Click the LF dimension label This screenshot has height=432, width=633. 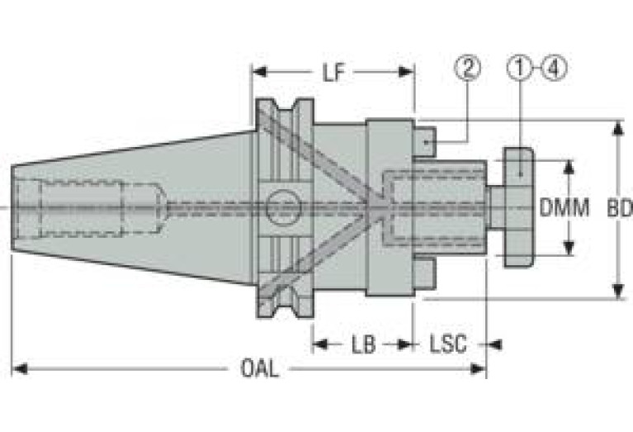(333, 73)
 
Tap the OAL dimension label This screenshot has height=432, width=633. (259, 368)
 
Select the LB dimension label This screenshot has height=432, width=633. (363, 344)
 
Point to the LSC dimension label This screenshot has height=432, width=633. (447, 344)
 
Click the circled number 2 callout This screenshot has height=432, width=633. (468, 68)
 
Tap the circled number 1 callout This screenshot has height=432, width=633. (521, 68)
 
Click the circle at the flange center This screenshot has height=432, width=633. (283, 207)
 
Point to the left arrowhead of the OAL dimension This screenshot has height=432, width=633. (19, 368)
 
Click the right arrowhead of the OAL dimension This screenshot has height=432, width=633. (479, 368)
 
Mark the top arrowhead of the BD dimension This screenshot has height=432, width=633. (617, 128)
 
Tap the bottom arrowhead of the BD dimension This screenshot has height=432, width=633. (617, 291)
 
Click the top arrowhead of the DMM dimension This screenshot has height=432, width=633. (569, 168)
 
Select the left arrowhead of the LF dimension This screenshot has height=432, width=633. (259, 72)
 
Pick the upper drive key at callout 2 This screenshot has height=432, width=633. (426, 141)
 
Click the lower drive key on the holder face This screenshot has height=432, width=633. (426, 273)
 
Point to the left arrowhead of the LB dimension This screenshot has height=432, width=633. (320, 344)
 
